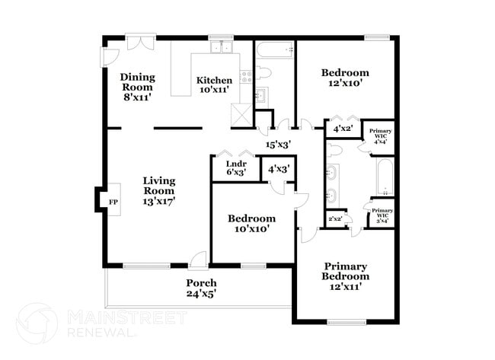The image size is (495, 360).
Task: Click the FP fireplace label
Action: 113,202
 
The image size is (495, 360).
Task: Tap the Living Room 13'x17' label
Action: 159,191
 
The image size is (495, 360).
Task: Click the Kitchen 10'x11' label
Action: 215,84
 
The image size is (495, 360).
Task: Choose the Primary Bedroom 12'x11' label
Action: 345,276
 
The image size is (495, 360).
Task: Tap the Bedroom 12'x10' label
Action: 345,78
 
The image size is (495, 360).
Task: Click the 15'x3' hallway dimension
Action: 278,144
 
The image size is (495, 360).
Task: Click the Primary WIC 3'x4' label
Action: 382,215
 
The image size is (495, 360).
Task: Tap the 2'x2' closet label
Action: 335,219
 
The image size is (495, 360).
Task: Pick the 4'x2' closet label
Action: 342,129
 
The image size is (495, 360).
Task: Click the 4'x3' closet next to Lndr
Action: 278,167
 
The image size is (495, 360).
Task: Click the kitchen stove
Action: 246,76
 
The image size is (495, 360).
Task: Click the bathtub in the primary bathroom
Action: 383,177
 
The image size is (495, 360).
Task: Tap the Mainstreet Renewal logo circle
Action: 37,323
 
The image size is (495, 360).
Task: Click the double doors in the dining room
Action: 141,43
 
